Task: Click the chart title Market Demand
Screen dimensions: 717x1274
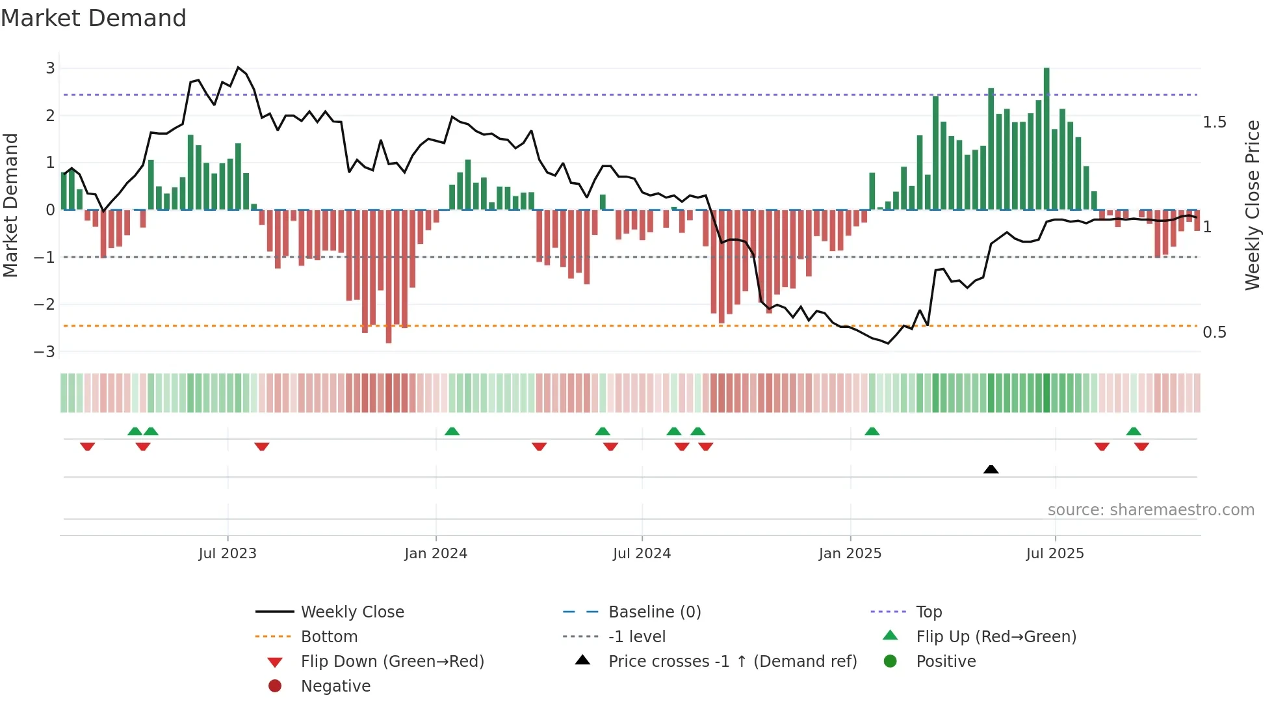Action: tap(94, 18)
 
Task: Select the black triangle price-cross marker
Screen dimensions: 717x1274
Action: tap(991, 469)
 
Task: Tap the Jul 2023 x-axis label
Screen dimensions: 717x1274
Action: tap(227, 554)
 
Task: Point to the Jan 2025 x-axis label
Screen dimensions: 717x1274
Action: tap(850, 554)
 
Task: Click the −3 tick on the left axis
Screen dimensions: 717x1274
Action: tap(45, 352)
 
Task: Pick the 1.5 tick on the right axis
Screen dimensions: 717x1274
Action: tap(1214, 122)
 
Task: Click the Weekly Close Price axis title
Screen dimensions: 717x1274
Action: tap(1252, 205)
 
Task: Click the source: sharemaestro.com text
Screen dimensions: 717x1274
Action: tap(1150, 510)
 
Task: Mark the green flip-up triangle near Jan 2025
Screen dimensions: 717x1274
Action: tap(872, 431)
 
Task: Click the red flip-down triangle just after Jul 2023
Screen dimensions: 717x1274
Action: tap(262, 446)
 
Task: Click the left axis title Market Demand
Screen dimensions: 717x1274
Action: tap(10, 205)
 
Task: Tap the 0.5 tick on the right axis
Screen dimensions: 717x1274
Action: tap(1214, 332)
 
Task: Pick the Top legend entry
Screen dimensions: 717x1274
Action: tap(928, 612)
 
